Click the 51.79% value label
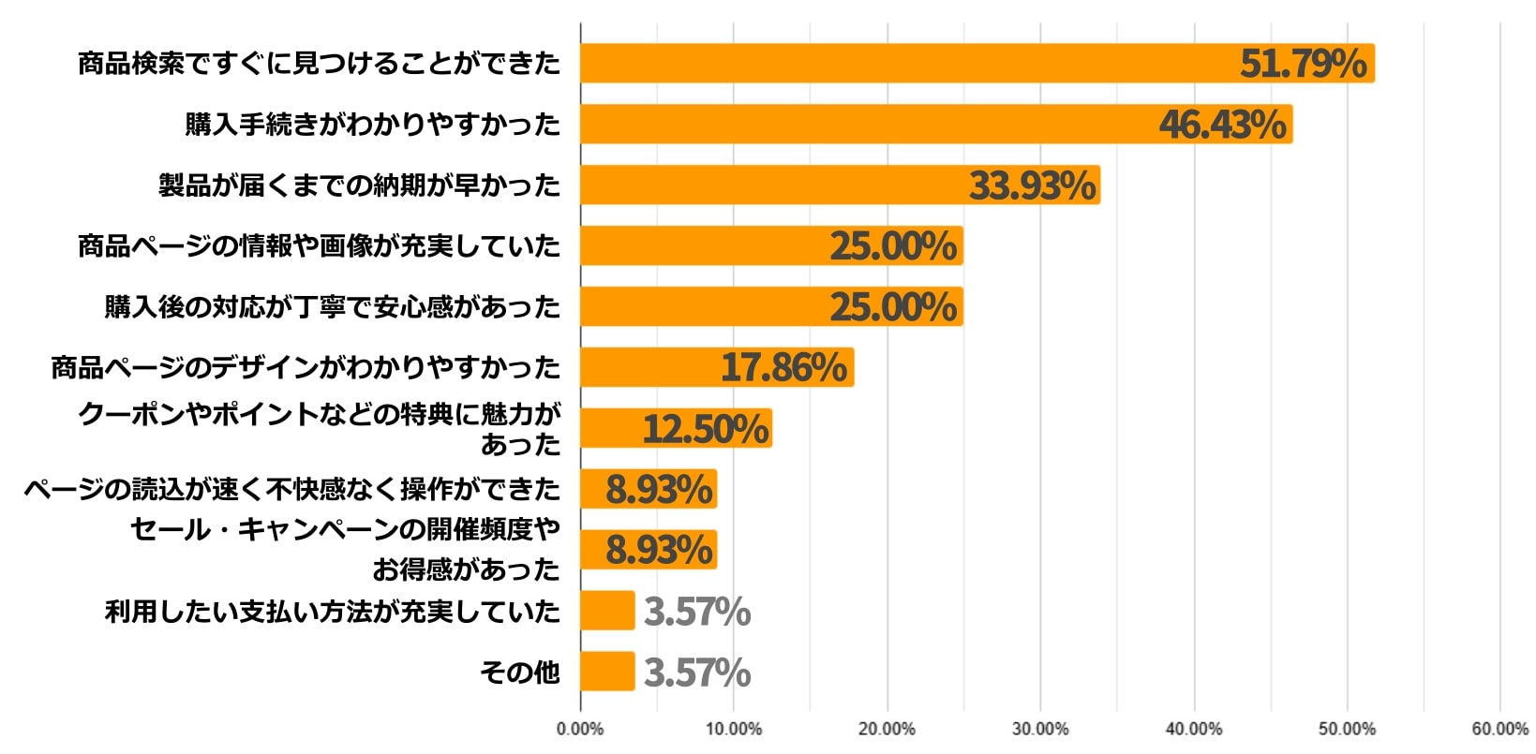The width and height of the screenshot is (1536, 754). pos(1303,64)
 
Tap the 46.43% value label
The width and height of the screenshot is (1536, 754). pos(1222,125)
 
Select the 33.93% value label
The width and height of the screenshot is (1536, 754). pos(1032,185)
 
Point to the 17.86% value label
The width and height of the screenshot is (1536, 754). pos(783,368)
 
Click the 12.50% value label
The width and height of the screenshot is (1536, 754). pos(705,429)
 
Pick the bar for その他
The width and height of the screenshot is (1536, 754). pos(607,672)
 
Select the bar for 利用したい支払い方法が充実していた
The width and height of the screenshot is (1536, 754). pos(607,611)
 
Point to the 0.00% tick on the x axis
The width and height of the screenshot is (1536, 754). pos(580,730)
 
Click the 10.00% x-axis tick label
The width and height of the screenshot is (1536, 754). pos(733,730)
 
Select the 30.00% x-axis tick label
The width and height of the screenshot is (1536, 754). pos(1039,730)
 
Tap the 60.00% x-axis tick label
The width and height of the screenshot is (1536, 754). pos(1499,730)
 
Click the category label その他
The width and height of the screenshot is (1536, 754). pos(519,673)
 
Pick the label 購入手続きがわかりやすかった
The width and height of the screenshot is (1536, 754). pos(372,125)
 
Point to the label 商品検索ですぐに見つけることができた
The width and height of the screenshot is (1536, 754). pos(319,64)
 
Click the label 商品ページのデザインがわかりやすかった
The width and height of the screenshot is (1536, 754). pos(306,368)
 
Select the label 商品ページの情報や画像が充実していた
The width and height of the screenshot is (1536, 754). pos(319,246)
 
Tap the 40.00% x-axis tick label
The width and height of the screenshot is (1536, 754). pos(1193,730)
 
